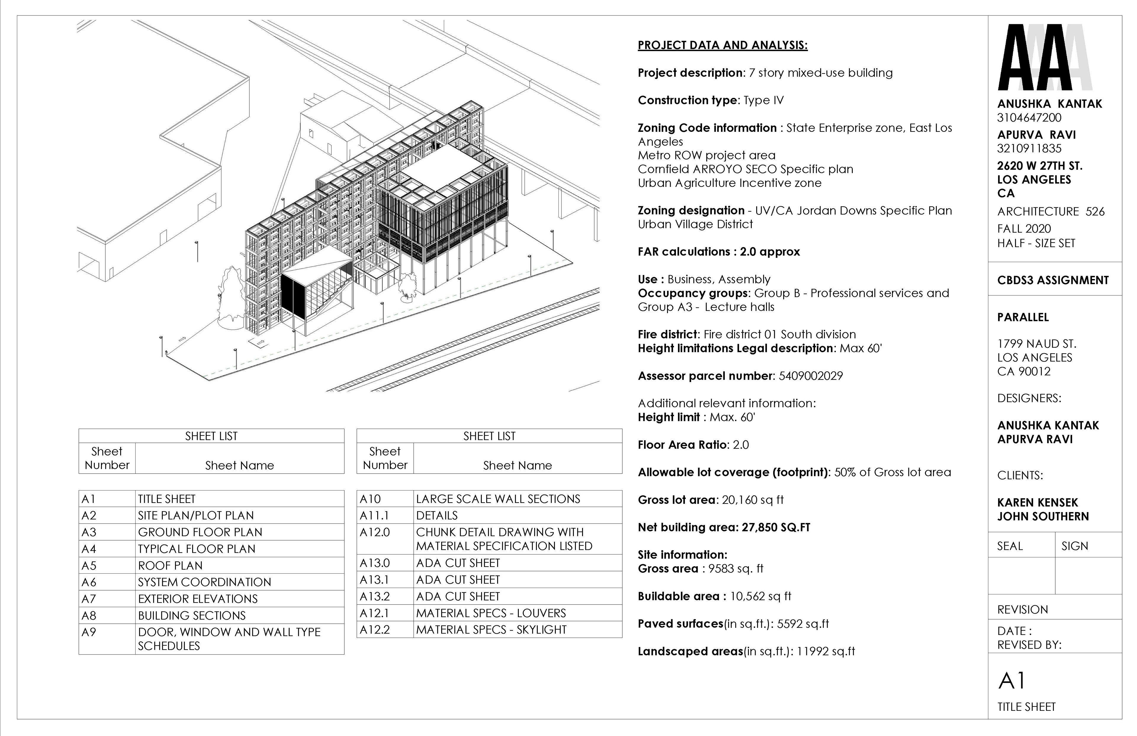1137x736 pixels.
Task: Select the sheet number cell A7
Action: (89, 599)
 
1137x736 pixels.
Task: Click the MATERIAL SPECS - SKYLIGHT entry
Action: (491, 630)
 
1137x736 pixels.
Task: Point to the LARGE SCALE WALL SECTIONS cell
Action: (498, 499)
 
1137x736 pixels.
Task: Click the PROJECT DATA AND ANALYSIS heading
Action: (722, 45)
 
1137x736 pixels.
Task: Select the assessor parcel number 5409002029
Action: (811, 376)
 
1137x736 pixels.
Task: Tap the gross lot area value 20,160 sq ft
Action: (753, 500)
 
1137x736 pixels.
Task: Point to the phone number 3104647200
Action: (1029, 118)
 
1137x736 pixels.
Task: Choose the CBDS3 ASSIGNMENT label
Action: (1052, 280)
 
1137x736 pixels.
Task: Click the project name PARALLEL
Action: (1023, 317)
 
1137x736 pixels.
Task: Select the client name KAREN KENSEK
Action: (1037, 503)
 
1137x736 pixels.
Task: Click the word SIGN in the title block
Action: (1075, 546)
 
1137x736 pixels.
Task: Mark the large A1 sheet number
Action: (1012, 681)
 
